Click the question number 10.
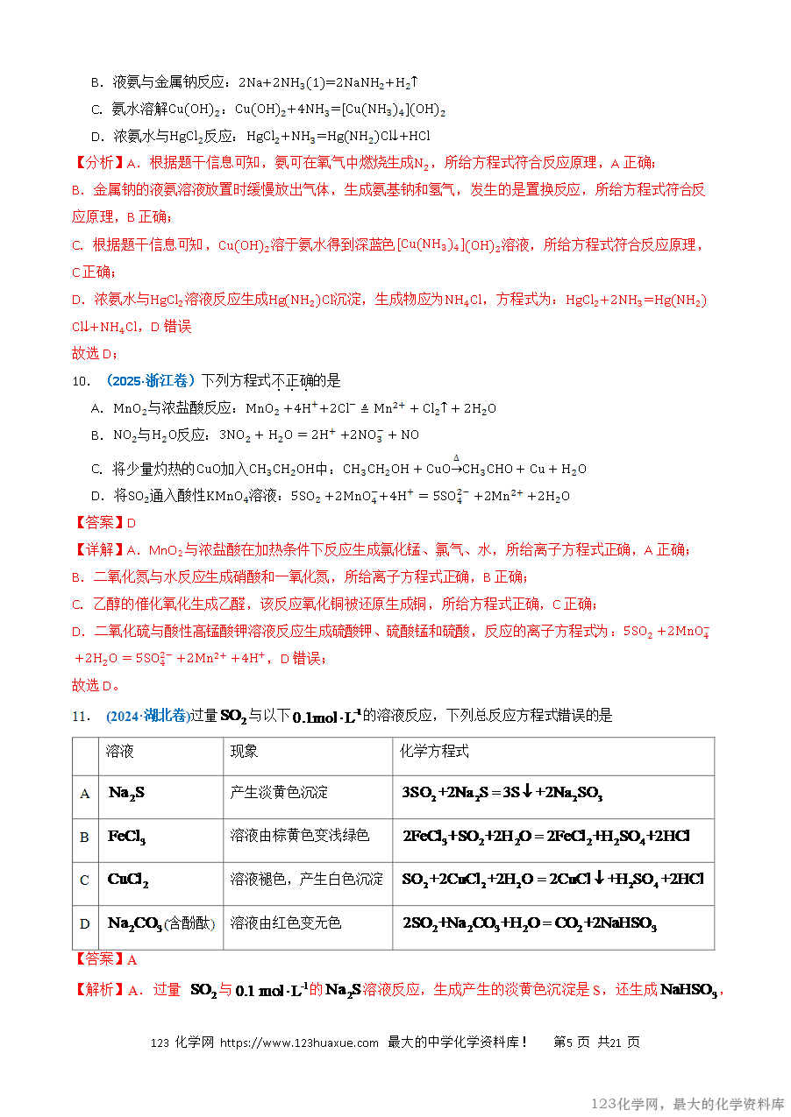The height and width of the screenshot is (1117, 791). click(x=80, y=381)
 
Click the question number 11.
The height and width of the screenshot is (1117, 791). click(x=80, y=716)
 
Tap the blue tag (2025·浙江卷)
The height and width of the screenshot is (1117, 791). click(x=150, y=381)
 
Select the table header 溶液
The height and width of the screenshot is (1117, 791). click(x=120, y=752)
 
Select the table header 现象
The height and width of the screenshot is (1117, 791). click(x=245, y=752)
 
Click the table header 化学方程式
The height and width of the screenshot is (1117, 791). click(x=434, y=752)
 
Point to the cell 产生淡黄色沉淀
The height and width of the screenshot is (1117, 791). click(x=279, y=792)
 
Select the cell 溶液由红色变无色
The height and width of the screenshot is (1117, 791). click(x=286, y=923)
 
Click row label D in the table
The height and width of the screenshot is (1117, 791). click(x=85, y=923)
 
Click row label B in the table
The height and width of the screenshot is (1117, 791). click(x=85, y=837)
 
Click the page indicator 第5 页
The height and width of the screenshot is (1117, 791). click(x=572, y=1043)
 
